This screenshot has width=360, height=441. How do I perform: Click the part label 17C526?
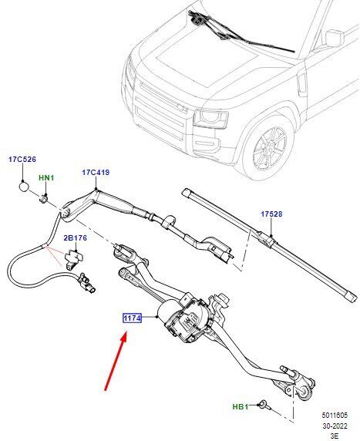pyautogui.click(x=22, y=160)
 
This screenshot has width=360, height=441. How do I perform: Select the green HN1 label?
pyautogui.click(x=46, y=178)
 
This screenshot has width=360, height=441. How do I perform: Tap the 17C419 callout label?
pyautogui.click(x=96, y=173)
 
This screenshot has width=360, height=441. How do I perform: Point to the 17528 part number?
pyautogui.click(x=271, y=214)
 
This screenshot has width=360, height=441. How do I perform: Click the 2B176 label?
pyautogui.click(x=75, y=238)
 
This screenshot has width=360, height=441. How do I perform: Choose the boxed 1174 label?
pyautogui.click(x=132, y=318)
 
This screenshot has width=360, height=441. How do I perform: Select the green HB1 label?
pyautogui.click(x=241, y=406)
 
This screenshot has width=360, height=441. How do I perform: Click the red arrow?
pyautogui.click(x=116, y=361)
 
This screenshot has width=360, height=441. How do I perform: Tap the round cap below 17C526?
pyautogui.click(x=24, y=186)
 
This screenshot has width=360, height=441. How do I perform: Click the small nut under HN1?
pyautogui.click(x=44, y=199)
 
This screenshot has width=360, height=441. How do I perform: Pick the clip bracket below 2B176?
pyautogui.click(x=73, y=260)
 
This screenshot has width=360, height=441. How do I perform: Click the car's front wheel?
pyautogui.click(x=268, y=148)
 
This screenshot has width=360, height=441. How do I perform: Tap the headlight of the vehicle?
pyautogui.click(x=210, y=119)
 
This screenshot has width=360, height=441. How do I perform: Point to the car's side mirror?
pyautogui.click(x=334, y=38)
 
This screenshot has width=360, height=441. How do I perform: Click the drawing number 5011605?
pyautogui.click(x=335, y=415)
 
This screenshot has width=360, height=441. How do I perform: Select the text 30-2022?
pyautogui.click(x=335, y=426)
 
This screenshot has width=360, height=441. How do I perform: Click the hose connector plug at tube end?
pyautogui.click(x=87, y=282)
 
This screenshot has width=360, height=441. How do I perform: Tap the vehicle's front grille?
pyautogui.click(x=160, y=113)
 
